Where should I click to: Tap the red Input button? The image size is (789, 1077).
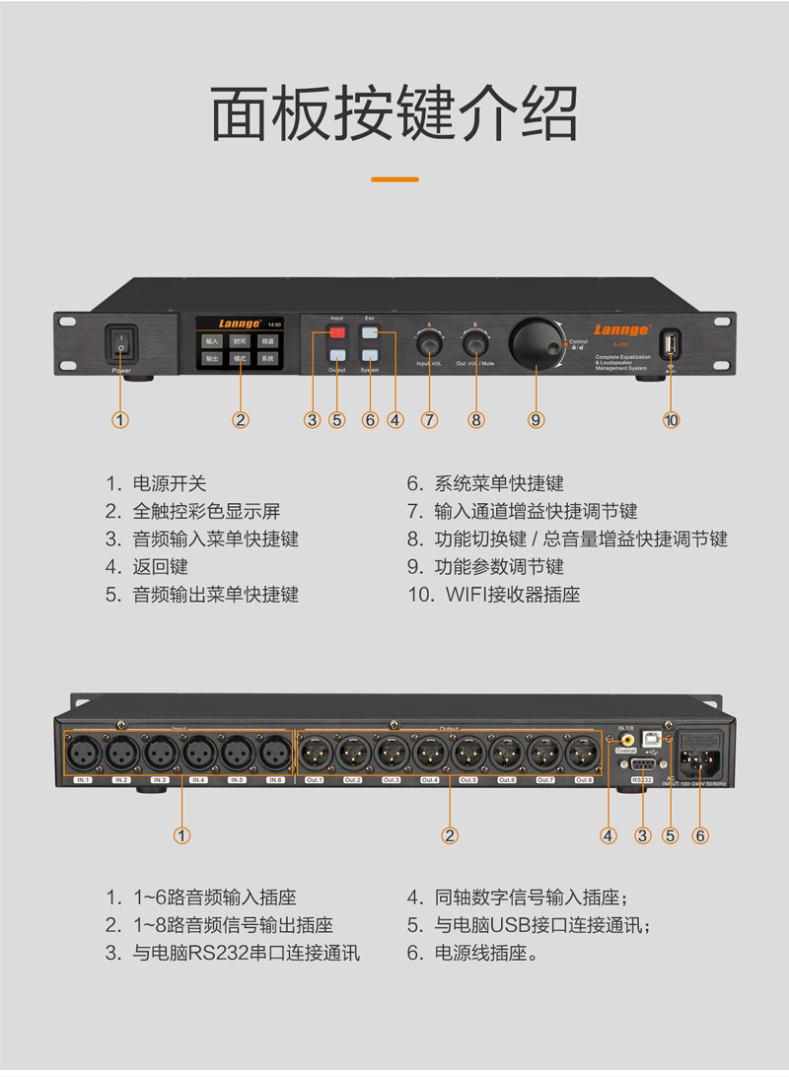(337, 333)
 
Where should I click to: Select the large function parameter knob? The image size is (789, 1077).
(537, 343)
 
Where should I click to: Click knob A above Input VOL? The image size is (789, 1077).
(429, 343)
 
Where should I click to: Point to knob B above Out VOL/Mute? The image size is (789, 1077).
(476, 343)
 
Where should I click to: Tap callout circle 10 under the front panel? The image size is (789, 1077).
(672, 420)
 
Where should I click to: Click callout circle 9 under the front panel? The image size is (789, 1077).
(536, 420)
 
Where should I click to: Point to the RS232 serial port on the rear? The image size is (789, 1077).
(643, 766)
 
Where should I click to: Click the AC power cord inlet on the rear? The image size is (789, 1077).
(698, 760)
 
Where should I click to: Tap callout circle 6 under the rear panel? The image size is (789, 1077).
(700, 835)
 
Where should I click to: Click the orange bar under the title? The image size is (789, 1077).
(394, 179)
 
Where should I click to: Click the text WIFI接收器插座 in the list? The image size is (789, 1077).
(512, 595)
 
